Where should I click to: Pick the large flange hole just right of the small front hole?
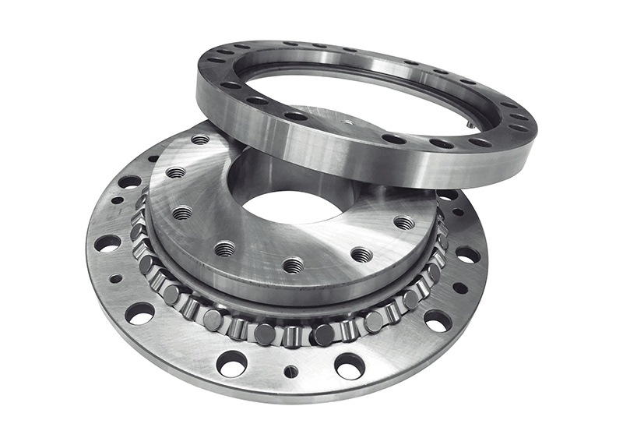(350, 365)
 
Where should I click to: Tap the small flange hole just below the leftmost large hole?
(116, 278)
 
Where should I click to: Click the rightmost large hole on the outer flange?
(467, 255)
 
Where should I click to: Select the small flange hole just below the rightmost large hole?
(460, 288)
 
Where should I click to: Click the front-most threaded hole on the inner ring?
(293, 266)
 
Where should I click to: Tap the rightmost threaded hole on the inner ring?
(404, 223)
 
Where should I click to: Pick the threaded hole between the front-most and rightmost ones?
(361, 254)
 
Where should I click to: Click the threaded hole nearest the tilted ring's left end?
(200, 140)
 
